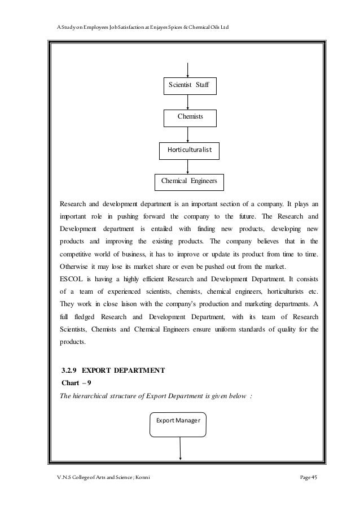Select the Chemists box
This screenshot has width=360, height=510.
click(x=190, y=117)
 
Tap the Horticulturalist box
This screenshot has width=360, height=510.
click(x=190, y=150)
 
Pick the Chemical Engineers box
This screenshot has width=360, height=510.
click(x=190, y=181)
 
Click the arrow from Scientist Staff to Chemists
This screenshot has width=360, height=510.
click(x=187, y=102)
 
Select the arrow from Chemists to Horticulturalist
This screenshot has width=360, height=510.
click(x=187, y=134)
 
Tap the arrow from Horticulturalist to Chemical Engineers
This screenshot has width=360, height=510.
click(x=187, y=166)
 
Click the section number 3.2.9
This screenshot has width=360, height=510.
click(x=69, y=370)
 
